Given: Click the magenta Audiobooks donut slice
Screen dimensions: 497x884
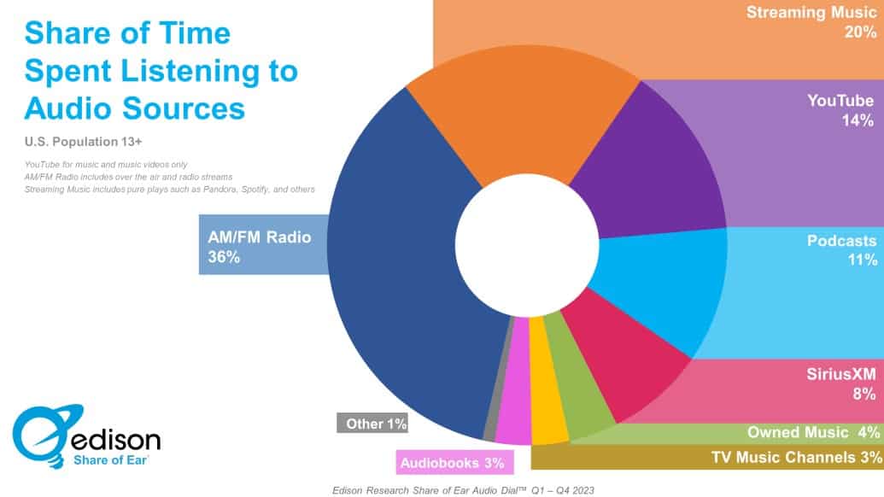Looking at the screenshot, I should tap(514, 408).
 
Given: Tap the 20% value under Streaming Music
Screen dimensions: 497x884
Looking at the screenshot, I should tap(858, 32).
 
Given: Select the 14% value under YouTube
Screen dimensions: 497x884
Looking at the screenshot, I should tap(857, 121).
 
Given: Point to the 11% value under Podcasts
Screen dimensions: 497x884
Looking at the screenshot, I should tap(858, 260).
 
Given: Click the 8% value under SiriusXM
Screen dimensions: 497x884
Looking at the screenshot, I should tap(863, 394).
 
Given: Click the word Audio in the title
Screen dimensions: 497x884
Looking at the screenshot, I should tap(65, 108).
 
